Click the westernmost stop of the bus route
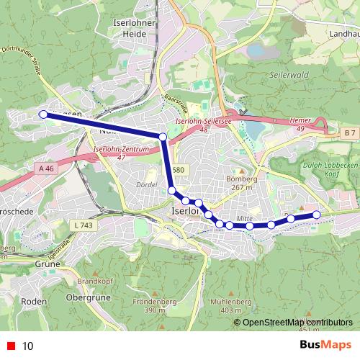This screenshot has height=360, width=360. [x=43, y=114]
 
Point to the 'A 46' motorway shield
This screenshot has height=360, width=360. [x=46, y=168]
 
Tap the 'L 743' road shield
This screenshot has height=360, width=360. [x=84, y=225]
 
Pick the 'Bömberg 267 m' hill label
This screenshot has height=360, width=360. [x=242, y=183]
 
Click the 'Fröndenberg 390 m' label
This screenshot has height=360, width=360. [x=156, y=305]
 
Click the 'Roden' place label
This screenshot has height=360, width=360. [x=33, y=301]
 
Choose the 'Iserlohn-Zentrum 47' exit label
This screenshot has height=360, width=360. [x=121, y=153]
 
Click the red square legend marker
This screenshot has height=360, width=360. [x=12, y=346]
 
